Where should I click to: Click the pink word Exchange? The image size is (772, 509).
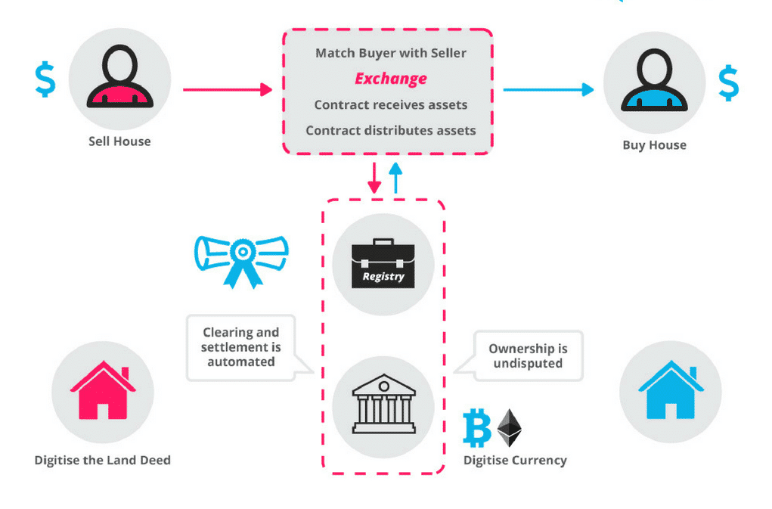pyautogui.click(x=391, y=79)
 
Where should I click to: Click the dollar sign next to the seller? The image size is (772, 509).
pyautogui.click(x=45, y=80)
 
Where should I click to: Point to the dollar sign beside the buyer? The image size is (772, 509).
pyautogui.click(x=728, y=83)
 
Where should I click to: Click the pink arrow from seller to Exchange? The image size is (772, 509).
pyautogui.click(x=227, y=89)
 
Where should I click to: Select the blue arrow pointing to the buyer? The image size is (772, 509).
pyautogui.click(x=548, y=89)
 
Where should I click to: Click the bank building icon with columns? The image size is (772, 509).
pyautogui.click(x=383, y=405)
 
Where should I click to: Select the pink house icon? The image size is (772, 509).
pyautogui.click(x=103, y=390)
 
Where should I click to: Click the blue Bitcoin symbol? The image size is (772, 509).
pyautogui.click(x=477, y=429)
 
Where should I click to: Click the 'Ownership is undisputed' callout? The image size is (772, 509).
pyautogui.click(x=527, y=355)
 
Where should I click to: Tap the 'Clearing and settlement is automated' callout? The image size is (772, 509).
pyautogui.click(x=240, y=347)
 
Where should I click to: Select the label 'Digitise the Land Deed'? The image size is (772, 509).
pyautogui.click(x=103, y=460)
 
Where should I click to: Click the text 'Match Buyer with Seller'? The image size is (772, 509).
pyautogui.click(x=391, y=53)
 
